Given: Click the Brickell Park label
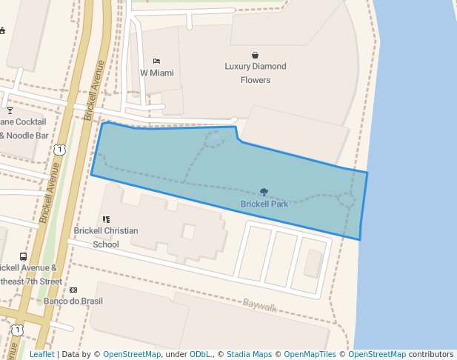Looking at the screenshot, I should point(264,204).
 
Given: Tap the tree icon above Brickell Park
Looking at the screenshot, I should point(264,192).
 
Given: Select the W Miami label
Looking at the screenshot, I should point(156,73).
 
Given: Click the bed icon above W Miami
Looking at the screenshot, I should point(156,61).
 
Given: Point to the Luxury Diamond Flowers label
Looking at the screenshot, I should point(256,73).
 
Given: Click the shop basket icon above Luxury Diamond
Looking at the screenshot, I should point(256,55).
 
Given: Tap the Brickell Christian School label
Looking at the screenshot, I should point(106,237).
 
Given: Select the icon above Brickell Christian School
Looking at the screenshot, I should point(106,219).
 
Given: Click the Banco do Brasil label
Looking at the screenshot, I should point(73,301).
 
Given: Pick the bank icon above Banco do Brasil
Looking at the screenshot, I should point(73,290).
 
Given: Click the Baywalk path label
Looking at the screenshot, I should point(259,304).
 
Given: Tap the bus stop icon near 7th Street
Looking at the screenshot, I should point(24,256).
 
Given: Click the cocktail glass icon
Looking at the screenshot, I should point(10,110).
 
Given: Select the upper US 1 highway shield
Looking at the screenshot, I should point(59,150).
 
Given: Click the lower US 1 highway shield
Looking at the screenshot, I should point(16,329).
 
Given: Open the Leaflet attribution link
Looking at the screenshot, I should point(41,354).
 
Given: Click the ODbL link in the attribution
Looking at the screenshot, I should point(200,354).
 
